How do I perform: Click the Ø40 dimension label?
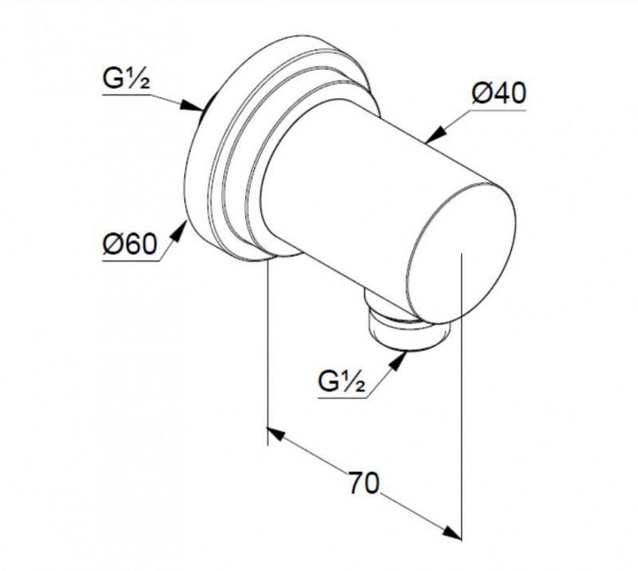[499, 93]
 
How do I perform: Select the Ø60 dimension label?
[130, 244]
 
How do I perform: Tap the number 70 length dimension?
[364, 483]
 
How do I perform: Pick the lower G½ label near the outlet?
[342, 382]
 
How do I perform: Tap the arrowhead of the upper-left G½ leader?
[191, 106]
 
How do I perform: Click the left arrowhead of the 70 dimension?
[276, 434]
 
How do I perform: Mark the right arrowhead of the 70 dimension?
[452, 533]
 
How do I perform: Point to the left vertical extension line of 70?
[267, 352]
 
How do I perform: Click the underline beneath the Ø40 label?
[499, 110]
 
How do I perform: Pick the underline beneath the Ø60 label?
[131, 261]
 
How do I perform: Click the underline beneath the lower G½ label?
[342, 398]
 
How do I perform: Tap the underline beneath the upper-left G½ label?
[127, 95]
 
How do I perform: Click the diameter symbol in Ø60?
[112, 245]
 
